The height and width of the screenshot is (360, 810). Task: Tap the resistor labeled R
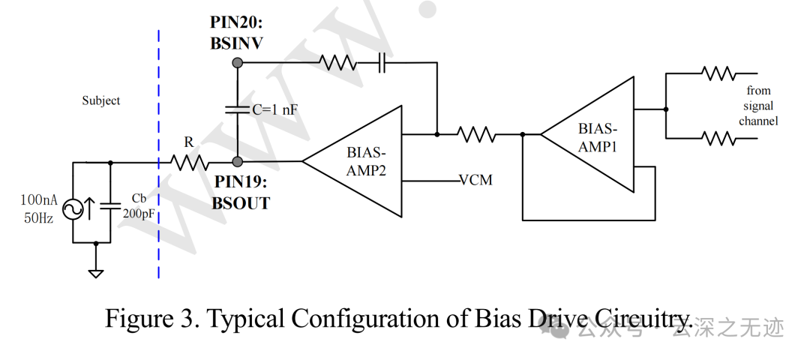click(189, 163)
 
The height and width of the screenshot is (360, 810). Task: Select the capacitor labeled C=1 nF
click(238, 109)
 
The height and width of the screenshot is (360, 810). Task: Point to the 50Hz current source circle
click(73, 209)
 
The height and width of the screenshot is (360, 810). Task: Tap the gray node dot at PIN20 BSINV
click(238, 63)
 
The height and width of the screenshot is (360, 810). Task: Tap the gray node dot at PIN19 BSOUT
click(238, 162)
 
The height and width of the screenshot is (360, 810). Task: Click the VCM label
click(476, 180)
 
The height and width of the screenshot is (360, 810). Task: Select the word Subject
click(101, 100)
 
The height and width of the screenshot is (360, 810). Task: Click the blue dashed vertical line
click(158, 154)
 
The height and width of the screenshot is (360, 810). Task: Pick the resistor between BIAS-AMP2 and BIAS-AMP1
click(476, 135)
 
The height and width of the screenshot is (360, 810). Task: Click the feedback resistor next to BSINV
click(338, 63)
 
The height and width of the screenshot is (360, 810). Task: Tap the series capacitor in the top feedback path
click(382, 63)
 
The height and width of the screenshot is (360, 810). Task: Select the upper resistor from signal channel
click(718, 73)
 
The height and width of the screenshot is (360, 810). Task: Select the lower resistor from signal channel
click(718, 139)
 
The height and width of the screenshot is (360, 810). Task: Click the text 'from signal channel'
click(758, 106)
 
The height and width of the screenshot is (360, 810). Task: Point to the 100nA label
click(39, 200)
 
